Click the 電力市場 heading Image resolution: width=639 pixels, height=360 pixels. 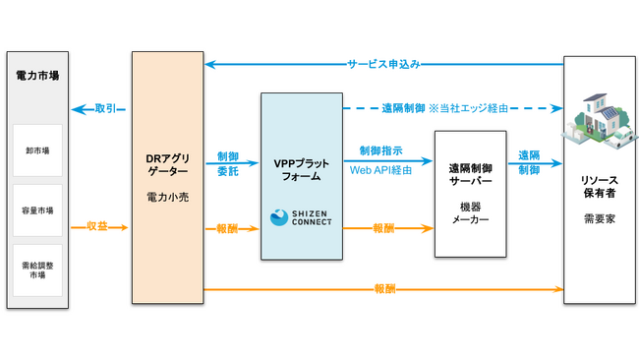coord(38,77)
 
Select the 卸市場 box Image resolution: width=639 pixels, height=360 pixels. coord(38,150)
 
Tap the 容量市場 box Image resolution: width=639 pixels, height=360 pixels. coord(38,210)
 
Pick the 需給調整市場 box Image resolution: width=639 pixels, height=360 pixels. coord(38,270)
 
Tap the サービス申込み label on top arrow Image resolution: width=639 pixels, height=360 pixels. coord(383,64)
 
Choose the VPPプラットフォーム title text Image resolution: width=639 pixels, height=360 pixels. coord(301,168)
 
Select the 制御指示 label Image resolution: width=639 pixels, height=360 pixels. coord(380,150)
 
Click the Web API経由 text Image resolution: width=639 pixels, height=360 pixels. coord(381,169)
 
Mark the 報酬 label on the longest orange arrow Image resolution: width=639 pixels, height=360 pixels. coord(384,289)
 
